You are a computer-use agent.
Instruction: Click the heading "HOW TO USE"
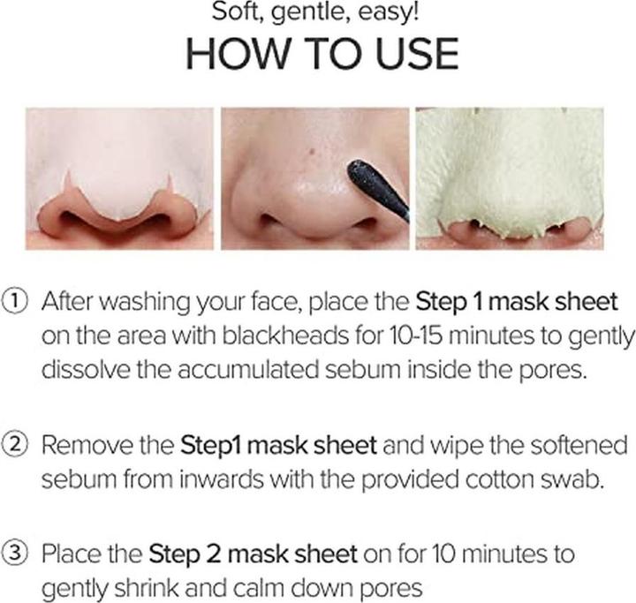tap(322, 56)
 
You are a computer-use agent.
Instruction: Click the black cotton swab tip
tap(371, 185)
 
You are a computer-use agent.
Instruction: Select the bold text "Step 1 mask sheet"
tap(517, 303)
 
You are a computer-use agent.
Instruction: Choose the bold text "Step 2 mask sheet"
tap(254, 554)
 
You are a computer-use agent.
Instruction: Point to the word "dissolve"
tap(83, 369)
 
